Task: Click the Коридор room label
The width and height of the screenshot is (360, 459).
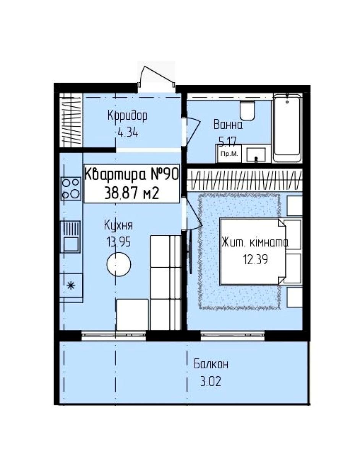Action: pos(128,116)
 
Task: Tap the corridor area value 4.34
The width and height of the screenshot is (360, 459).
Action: pos(128,133)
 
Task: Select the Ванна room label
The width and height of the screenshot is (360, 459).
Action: pos(228,125)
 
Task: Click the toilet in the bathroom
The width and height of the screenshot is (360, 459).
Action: pos(247,110)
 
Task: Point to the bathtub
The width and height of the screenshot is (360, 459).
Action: pos(287,128)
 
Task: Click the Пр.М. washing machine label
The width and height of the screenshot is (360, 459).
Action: pos(229,153)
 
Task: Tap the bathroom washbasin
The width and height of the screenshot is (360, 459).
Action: pos(256,155)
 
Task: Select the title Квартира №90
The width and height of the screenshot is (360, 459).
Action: pos(131,175)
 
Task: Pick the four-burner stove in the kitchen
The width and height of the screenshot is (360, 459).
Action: pos(71,189)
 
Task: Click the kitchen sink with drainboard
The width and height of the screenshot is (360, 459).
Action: pos(71,236)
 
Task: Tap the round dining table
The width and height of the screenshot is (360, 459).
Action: pos(119,264)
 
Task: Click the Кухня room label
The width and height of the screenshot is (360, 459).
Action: pos(118,225)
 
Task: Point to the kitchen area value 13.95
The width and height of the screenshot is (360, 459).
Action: pos(118,242)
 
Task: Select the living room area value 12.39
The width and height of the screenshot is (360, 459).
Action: pos(256,259)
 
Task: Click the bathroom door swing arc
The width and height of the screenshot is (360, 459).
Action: pos(193,131)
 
